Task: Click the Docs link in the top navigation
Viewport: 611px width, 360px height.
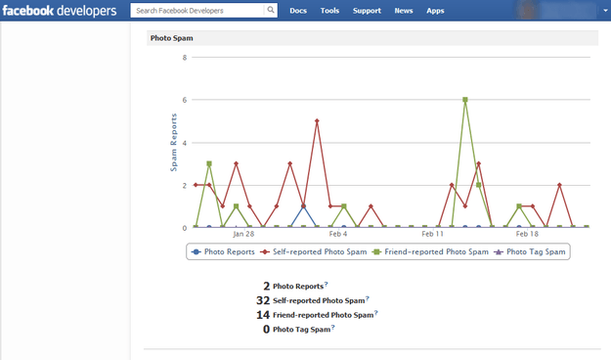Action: coord(298,11)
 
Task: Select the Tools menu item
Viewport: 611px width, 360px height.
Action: coord(329,11)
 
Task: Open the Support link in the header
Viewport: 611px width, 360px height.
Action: coord(367,11)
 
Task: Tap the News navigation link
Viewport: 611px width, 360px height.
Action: coord(404,11)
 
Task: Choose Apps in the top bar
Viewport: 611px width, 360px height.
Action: coord(435,11)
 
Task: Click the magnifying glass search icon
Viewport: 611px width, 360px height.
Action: coord(271,10)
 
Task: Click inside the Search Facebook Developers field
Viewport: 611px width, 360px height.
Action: coord(197,11)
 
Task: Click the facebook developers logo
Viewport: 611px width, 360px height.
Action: coord(60,11)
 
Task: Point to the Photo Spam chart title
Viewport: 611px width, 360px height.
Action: coord(171,38)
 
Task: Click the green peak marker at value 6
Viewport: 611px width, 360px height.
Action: coord(465,100)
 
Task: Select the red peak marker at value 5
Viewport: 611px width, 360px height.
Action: coord(317,121)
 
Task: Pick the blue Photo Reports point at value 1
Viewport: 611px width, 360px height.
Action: coord(304,206)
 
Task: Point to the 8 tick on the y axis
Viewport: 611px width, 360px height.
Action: coord(185,58)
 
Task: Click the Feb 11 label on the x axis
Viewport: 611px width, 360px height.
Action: coord(432,234)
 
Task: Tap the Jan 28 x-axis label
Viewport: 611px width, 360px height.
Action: coord(243,234)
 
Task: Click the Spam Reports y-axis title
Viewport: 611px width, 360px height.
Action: coord(173,143)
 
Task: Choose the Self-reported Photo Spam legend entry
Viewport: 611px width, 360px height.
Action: coord(314,252)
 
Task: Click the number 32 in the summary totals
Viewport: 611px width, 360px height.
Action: coord(263,300)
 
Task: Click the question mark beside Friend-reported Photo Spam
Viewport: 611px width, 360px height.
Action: coord(376,312)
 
